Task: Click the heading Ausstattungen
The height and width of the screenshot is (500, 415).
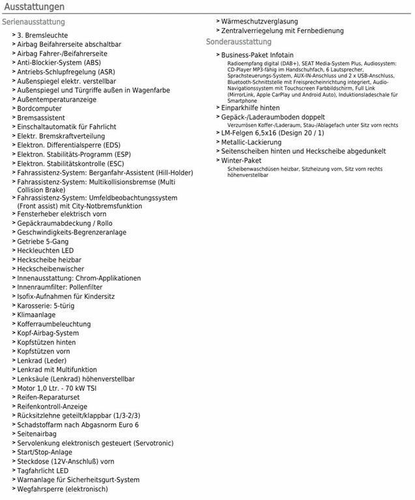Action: [33, 7]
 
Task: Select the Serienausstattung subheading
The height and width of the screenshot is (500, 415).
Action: [34, 22]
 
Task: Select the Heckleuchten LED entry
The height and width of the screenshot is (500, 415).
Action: [46, 251]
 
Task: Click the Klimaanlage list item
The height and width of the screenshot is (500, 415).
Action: [36, 314]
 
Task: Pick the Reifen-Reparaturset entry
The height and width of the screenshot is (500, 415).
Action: [48, 397]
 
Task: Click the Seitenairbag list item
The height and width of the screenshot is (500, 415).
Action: [36, 434]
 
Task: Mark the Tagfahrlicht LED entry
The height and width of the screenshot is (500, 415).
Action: [43, 471]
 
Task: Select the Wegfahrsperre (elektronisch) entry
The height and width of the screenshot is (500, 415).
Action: [63, 489]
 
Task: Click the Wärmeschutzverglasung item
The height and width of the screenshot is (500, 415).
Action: [259, 21]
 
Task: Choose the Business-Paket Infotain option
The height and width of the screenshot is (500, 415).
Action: [257, 55]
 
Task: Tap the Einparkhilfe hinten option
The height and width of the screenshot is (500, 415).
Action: [251, 107]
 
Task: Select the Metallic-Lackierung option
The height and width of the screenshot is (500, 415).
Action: [251, 142]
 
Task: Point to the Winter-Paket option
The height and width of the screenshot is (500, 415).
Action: [241, 160]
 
